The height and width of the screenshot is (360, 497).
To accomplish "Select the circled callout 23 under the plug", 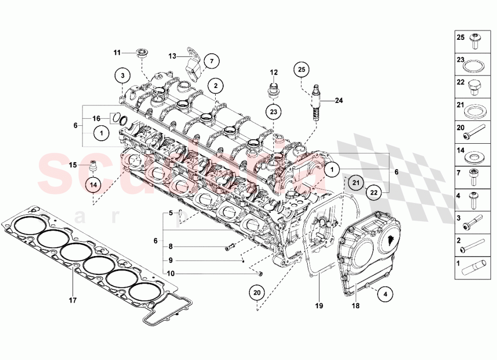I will [x=273, y=111].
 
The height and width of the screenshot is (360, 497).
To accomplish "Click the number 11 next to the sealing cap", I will [x=117, y=52].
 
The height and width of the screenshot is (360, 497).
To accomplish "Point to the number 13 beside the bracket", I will [x=172, y=56].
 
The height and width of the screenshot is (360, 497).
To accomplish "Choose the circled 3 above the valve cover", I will [x=122, y=76].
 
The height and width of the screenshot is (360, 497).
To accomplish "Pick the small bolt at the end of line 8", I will [x=230, y=247].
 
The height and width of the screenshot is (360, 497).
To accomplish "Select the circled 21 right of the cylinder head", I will [x=355, y=183].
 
